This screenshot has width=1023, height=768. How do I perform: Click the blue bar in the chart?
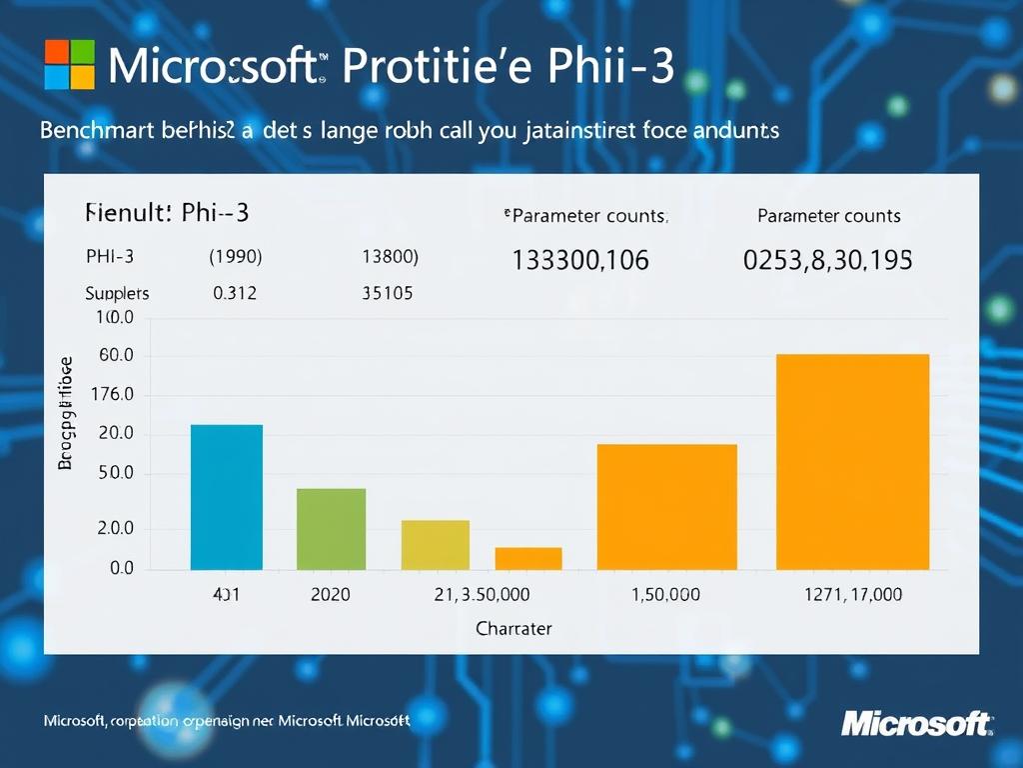coord(227,497)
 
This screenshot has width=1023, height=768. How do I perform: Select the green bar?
coord(332,529)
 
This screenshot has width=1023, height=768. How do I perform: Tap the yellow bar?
coord(436,545)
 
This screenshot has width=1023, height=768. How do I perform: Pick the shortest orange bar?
coord(528,558)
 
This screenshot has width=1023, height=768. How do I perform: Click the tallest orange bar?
coord(852,462)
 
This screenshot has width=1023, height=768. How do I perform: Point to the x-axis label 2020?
coord(331,595)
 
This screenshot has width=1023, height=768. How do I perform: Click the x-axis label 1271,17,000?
coord(852,595)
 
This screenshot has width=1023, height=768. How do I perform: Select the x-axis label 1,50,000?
coord(666,595)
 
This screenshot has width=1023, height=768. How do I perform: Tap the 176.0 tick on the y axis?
coord(112,395)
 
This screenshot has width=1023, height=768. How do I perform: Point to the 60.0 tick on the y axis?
coord(116,357)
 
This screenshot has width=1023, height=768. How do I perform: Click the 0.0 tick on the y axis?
coord(121,568)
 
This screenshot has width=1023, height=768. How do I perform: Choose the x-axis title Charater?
coord(513,629)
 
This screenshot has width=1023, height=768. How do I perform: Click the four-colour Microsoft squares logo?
coord(70,65)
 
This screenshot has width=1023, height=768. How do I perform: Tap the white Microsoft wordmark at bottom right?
coord(916,722)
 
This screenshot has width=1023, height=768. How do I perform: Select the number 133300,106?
coord(580,261)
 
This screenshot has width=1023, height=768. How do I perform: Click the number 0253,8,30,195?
coord(827,261)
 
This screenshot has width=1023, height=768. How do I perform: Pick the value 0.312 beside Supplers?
coord(235,293)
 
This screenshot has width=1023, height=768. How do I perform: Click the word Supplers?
coord(117,293)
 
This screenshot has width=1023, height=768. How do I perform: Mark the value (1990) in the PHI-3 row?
coord(236,256)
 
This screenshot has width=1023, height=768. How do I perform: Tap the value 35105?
coord(387,293)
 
